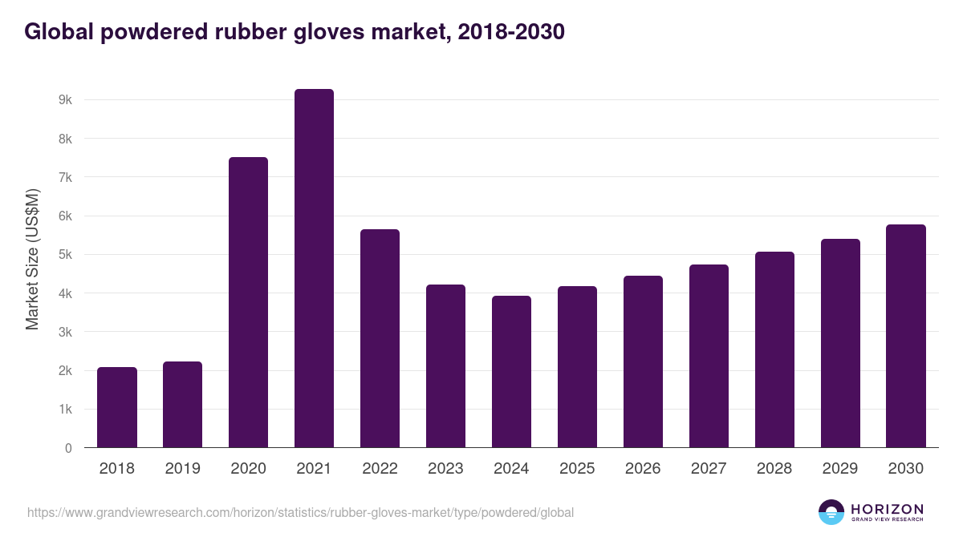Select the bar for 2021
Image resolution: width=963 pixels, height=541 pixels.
pos(314,268)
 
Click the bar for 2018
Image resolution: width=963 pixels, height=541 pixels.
pos(117,407)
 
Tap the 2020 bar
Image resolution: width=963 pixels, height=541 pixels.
pos(248,302)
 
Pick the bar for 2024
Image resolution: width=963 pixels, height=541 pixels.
pos(511,371)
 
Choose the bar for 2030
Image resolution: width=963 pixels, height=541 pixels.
pos(906,336)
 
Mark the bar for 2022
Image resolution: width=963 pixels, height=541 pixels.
pos(380,338)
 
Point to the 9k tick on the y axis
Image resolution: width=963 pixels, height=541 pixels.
pos(65,100)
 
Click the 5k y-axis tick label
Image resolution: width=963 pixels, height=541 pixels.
pos(65,255)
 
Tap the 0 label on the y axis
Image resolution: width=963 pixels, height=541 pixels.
pos(68,448)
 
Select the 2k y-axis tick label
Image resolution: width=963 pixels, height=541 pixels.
pos(65,371)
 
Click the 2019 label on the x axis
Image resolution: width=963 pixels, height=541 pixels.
pos(182,469)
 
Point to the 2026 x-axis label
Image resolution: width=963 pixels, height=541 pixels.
pos(643,469)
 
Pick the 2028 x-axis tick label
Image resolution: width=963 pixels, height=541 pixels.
pos(774,469)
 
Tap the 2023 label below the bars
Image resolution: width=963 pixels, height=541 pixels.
pos(445,469)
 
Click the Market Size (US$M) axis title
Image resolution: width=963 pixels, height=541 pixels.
pos(32,258)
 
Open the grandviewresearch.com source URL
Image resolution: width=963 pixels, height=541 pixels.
pos(300,512)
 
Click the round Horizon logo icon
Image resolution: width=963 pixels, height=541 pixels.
pos(831,512)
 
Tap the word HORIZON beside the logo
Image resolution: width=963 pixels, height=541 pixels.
pos(887,509)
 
